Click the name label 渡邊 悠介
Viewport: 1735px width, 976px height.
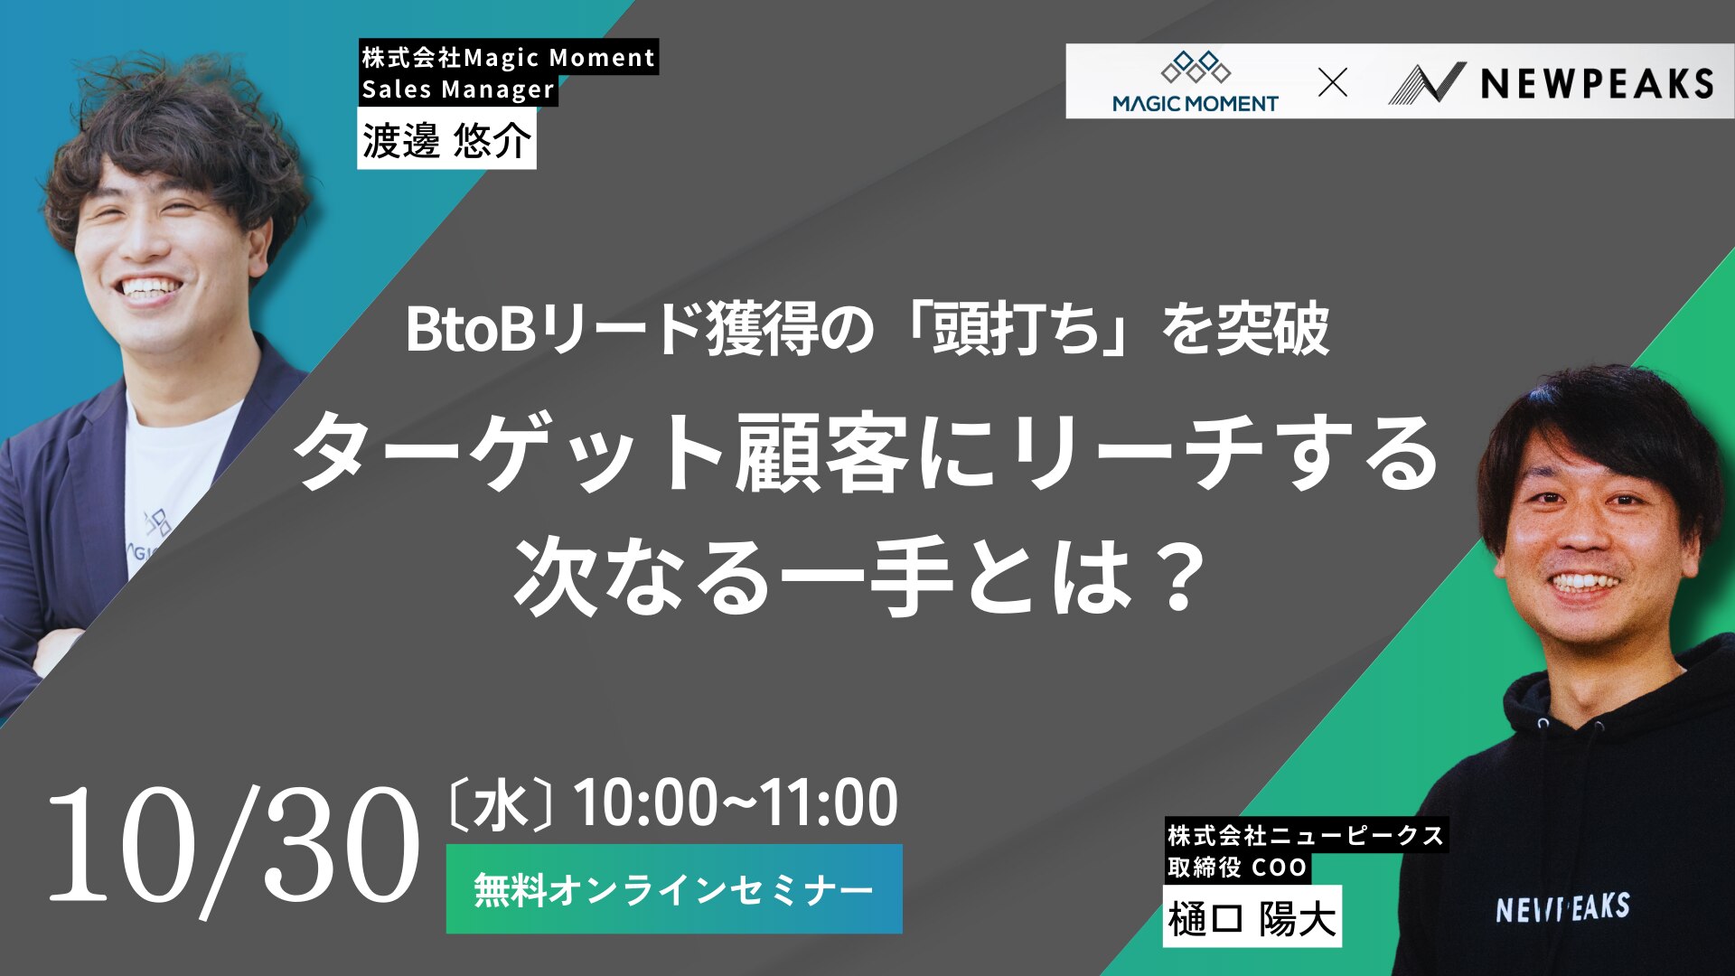446,140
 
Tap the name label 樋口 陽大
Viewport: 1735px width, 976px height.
1252,917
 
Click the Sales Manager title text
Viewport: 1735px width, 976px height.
457,89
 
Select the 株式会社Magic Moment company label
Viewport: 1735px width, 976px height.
508,57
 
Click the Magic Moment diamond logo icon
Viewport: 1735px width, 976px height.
1195,68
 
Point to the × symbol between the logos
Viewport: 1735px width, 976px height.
1333,83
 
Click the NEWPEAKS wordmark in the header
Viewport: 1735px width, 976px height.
1597,83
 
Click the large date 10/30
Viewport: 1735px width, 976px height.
232,845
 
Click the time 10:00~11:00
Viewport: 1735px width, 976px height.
736,802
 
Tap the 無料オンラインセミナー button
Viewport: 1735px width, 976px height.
674,889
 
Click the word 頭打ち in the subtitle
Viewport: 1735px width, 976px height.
1015,329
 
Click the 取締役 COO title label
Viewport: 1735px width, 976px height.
1236,868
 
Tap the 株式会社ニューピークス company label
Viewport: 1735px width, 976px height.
1306,836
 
